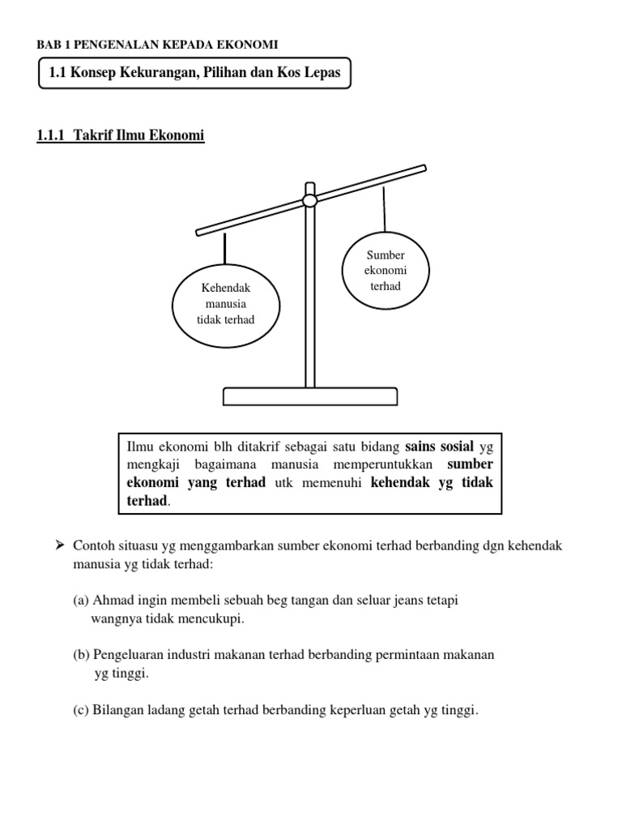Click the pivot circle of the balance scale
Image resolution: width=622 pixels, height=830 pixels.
pyautogui.click(x=309, y=200)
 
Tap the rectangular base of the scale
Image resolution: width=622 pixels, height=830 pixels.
pyautogui.click(x=310, y=396)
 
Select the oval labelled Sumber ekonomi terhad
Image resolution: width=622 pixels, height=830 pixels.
pyautogui.click(x=385, y=271)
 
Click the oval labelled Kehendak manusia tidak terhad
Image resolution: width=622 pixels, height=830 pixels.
pyautogui.click(x=226, y=304)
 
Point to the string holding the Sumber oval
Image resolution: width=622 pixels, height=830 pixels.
pyautogui.click(x=385, y=209)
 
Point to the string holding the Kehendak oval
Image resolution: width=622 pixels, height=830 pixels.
pyautogui.click(x=225, y=252)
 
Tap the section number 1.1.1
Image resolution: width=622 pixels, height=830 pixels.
pyautogui.click(x=52, y=136)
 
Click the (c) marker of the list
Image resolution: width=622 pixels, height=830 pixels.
pyautogui.click(x=81, y=711)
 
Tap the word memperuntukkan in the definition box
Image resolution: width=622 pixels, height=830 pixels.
pyautogui.click(x=378, y=464)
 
